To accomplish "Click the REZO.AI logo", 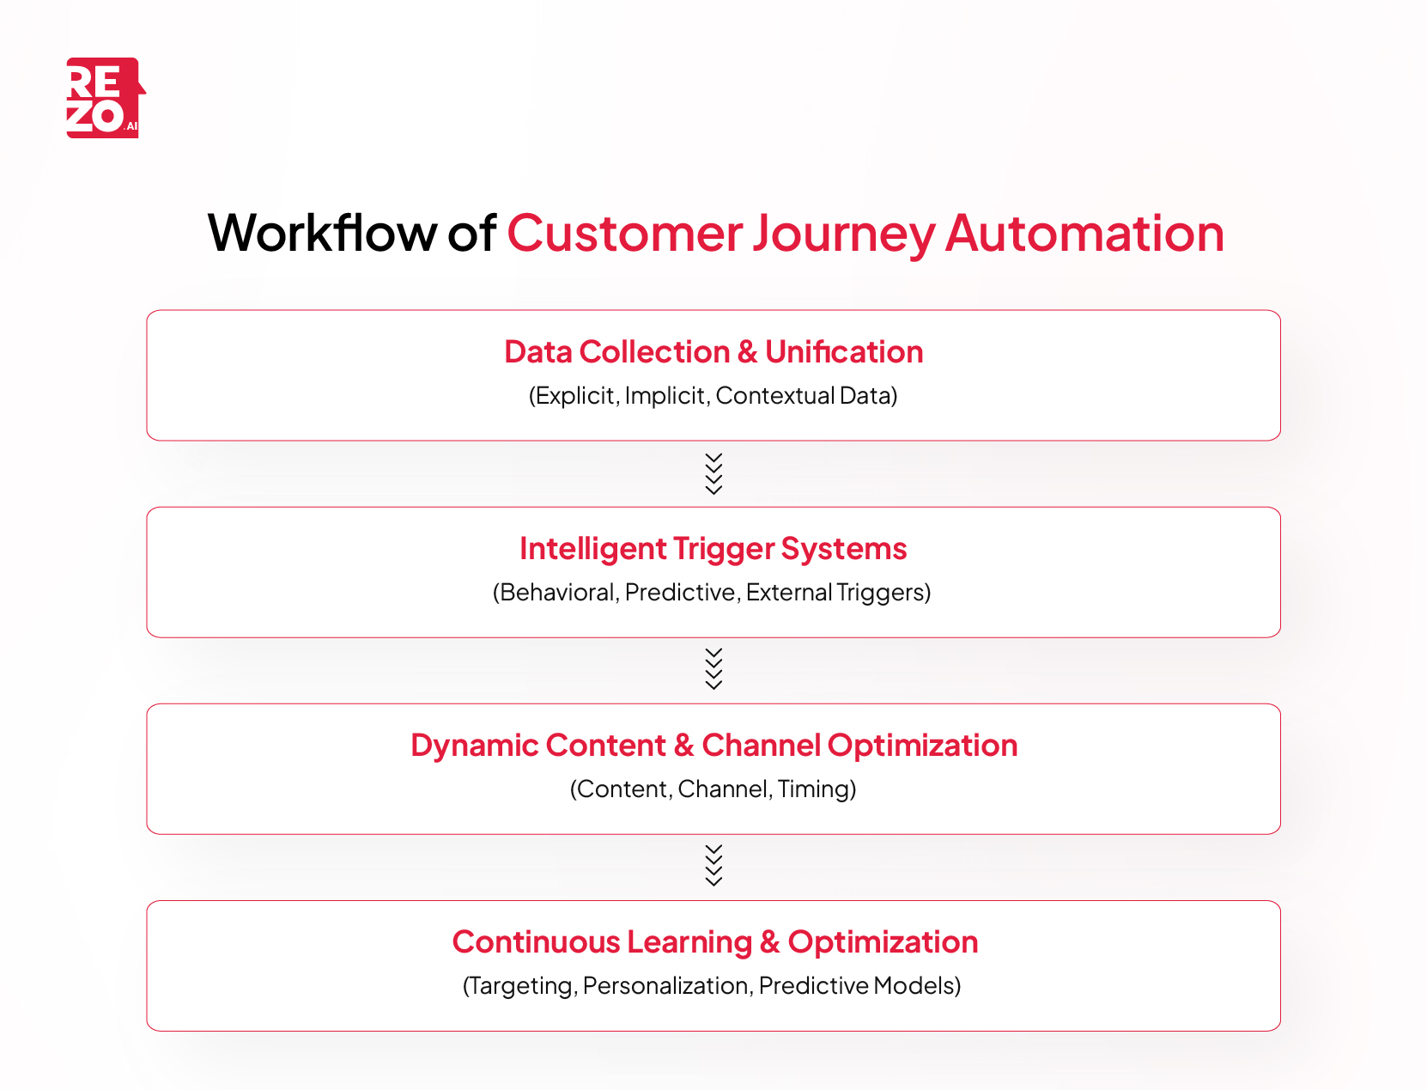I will [x=104, y=98].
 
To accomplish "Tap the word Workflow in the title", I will [x=322, y=233].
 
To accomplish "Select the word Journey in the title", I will [x=844, y=234].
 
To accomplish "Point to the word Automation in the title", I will [x=1084, y=233].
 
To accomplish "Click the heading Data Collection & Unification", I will [x=713, y=352].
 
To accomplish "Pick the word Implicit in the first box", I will [x=665, y=396].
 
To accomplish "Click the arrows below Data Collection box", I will [x=713, y=473].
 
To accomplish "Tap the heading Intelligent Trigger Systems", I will [x=713, y=549].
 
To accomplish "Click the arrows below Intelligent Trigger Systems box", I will [x=713, y=669].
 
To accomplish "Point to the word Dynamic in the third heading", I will [x=474, y=746].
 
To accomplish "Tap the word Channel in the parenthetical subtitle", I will [x=723, y=789].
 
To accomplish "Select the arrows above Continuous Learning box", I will [x=713, y=866].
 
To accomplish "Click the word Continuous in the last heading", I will [x=536, y=942].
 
